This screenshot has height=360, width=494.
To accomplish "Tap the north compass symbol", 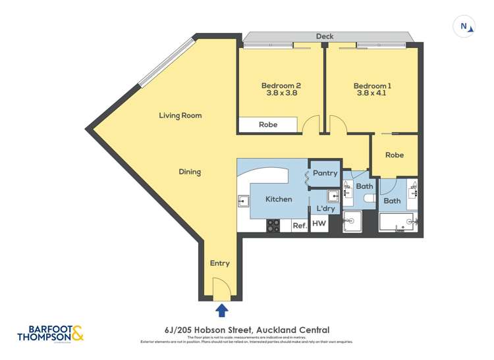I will [465, 27].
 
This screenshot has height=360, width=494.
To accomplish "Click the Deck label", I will [324, 37].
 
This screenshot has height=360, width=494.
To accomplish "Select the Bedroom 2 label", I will [281, 86].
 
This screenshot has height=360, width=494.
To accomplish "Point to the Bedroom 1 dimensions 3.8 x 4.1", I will [372, 94].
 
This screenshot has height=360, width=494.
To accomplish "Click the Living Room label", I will [180, 115].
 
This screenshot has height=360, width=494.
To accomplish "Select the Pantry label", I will [325, 174].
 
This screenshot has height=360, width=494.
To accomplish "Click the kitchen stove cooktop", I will [273, 225].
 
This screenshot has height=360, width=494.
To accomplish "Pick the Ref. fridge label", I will [299, 225].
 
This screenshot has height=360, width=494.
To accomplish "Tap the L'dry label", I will [326, 209].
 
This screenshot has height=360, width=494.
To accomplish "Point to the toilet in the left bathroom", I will [370, 199].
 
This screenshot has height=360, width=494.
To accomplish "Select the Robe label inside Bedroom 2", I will [267, 124].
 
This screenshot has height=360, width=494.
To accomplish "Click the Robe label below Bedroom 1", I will [394, 155].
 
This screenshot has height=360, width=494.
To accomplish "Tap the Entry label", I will [219, 263].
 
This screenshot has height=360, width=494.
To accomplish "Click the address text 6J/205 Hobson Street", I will [247, 330].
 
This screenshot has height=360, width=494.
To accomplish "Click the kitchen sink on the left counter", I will [242, 200].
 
